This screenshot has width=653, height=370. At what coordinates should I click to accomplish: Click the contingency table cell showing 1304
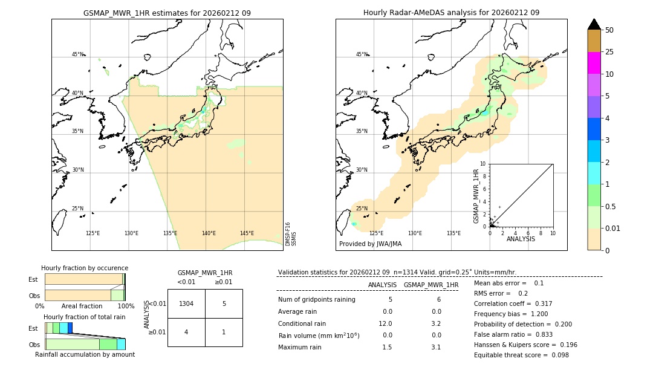click(x=186, y=304)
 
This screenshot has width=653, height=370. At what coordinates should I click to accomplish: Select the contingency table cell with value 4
click(x=186, y=332)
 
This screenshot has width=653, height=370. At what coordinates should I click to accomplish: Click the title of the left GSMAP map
click(x=167, y=13)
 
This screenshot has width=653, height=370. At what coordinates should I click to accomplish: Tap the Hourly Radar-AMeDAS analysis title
click(x=451, y=13)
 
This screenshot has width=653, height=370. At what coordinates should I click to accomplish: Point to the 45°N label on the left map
click(x=77, y=54)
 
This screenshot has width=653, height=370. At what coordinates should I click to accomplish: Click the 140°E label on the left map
click(x=209, y=233)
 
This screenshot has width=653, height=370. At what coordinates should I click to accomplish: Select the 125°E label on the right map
click(x=376, y=233)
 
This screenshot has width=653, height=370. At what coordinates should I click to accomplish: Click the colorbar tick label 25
click(x=609, y=52)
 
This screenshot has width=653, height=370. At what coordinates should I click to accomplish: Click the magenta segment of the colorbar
click(x=594, y=63)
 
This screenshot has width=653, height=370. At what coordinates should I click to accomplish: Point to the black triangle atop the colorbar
click(x=594, y=24)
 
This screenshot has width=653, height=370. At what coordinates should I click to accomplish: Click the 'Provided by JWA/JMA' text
click(x=370, y=244)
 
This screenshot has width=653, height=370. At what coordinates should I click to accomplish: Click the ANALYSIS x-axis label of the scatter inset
click(x=521, y=239)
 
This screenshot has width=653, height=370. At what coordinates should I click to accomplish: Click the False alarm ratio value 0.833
click(x=541, y=334)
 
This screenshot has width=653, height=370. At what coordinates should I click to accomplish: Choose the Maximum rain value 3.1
click(x=435, y=347)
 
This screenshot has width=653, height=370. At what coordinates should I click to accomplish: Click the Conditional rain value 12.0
click(x=386, y=323)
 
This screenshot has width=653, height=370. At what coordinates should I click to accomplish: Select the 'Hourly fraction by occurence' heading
click(x=85, y=268)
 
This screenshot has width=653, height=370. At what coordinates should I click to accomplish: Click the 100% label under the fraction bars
click(x=126, y=307)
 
